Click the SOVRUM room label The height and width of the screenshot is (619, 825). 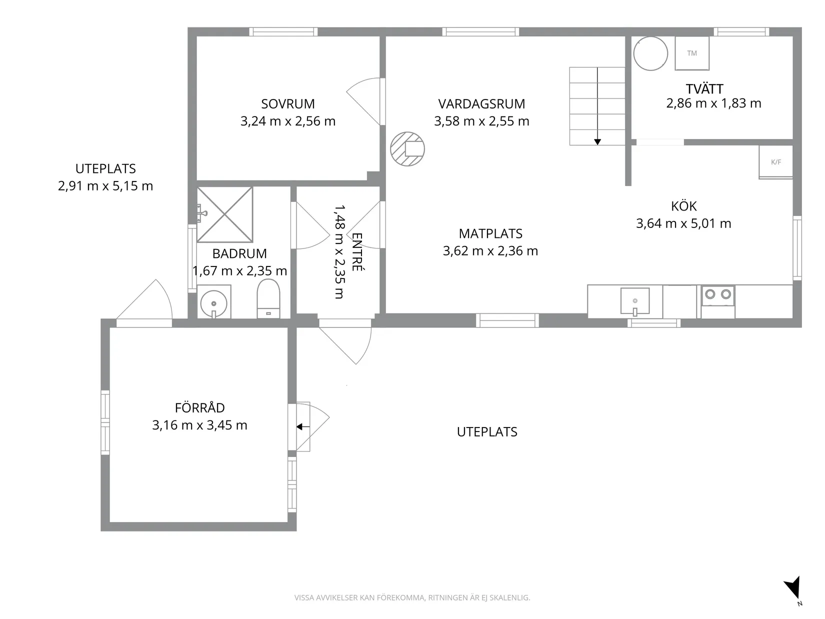tap(288, 103)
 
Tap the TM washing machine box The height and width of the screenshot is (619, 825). tap(692, 53)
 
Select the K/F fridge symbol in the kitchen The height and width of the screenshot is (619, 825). tap(776, 162)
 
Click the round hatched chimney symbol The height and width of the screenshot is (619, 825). tap(407, 149)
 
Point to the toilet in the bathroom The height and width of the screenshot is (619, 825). tap(268, 299)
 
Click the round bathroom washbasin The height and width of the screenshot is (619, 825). tap(214, 303)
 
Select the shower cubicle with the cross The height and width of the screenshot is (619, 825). tap(225, 214)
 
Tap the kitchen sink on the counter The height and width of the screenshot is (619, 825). tap(635, 300)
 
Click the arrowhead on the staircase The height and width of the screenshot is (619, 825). tap(597, 141)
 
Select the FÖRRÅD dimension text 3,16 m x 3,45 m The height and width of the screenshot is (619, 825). tap(199, 425)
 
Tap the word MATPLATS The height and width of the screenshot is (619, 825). tap(490, 234)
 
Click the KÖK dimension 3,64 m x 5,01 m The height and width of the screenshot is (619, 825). tap(683, 223)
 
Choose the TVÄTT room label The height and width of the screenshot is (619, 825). tap(704, 89)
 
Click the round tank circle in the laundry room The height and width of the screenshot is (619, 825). tap(650, 53)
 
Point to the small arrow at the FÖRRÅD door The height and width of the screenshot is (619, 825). tap(302, 426)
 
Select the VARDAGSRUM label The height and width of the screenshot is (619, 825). tap(481, 104)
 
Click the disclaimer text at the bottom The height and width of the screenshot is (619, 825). tap(412, 597)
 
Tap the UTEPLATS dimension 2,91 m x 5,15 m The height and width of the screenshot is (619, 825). tap(105, 186)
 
